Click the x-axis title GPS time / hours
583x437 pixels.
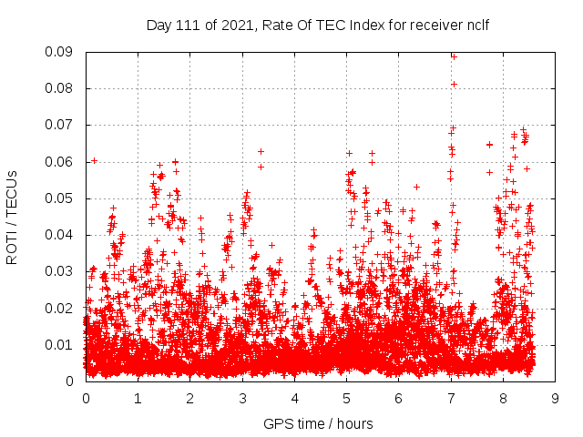(318, 423)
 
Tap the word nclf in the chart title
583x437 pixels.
(476, 25)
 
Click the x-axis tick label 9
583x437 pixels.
(556, 398)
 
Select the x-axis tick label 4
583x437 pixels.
(294, 398)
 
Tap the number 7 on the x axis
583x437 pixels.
(451, 398)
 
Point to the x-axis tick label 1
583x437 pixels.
(138, 398)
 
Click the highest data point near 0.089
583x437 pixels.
(454, 56)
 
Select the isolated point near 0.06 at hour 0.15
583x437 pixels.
(94, 160)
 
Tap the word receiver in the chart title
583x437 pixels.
(433, 25)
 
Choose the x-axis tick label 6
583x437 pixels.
(399, 398)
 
